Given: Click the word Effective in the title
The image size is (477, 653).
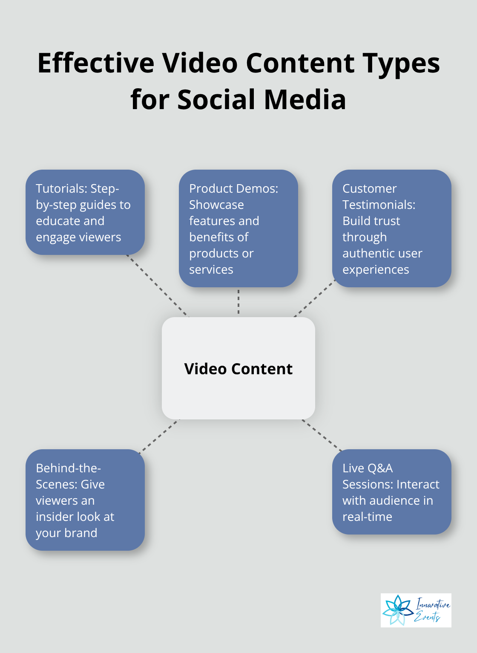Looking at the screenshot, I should pyautogui.click(x=95, y=63).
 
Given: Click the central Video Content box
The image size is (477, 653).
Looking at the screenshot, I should pyautogui.click(x=238, y=368).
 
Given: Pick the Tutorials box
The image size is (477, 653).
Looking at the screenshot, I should pyautogui.click(x=85, y=212).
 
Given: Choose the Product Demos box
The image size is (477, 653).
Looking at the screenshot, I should pyautogui.click(x=238, y=228).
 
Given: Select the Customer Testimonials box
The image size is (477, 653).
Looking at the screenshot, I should pyautogui.click(x=391, y=228).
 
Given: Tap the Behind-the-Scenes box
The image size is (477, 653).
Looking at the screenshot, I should pyautogui.click(x=85, y=500).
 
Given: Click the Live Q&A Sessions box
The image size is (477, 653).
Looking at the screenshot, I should pyautogui.click(x=391, y=492).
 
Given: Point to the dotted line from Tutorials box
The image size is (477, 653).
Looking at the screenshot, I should pyautogui.click(x=158, y=286).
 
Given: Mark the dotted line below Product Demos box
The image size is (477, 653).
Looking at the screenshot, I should pyautogui.click(x=238, y=302).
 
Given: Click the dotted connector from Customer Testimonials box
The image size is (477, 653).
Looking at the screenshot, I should pyautogui.click(x=314, y=298).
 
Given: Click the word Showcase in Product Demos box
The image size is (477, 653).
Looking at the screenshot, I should pyautogui.click(x=216, y=205).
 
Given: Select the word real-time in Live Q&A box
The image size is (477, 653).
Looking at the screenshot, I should pyautogui.click(x=367, y=517).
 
